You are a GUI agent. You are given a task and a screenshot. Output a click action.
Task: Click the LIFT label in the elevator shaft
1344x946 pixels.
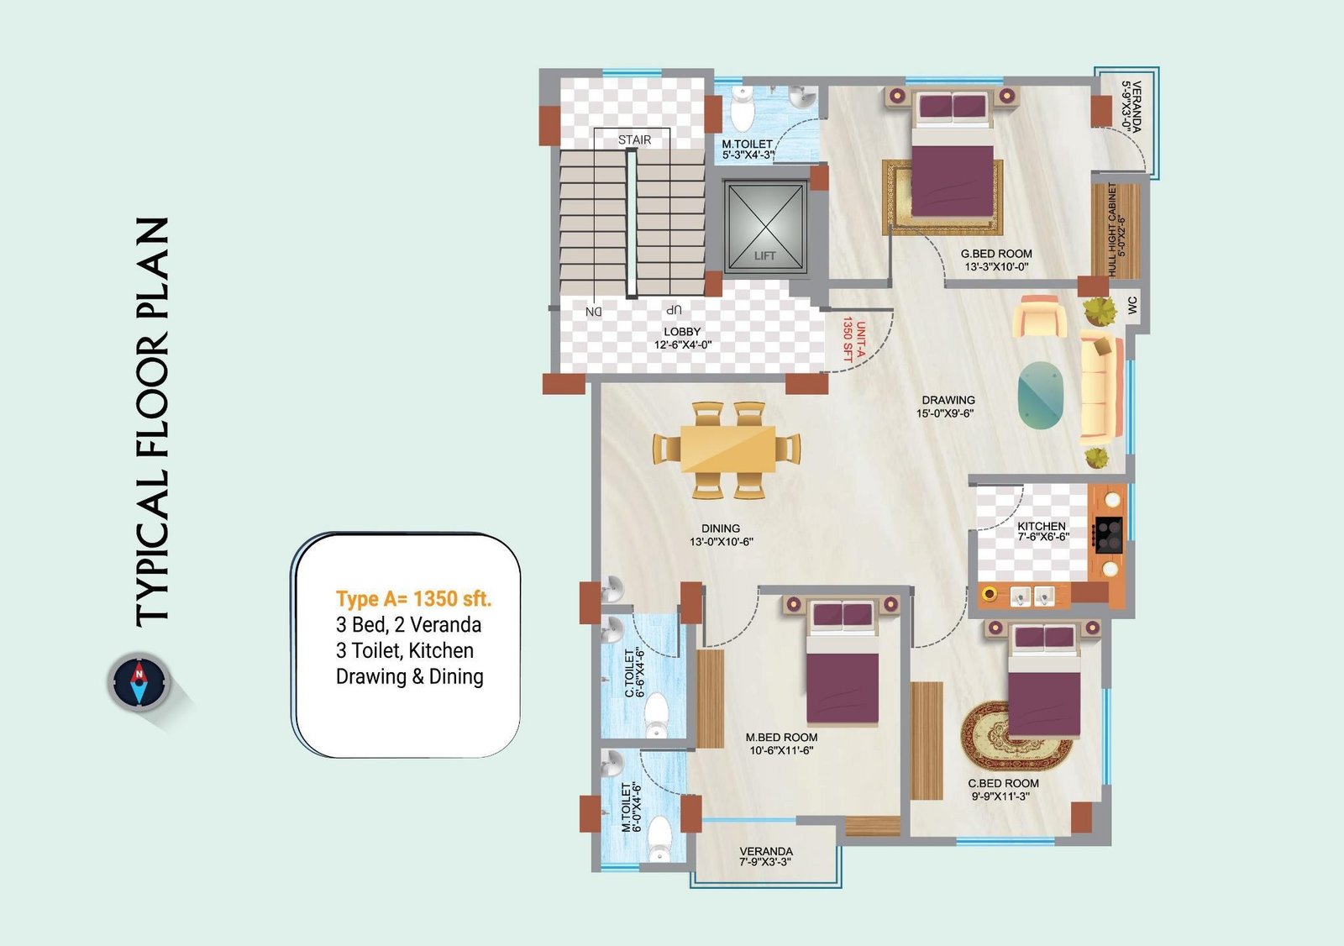click(x=764, y=255)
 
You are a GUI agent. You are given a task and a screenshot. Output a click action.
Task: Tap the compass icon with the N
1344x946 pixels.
click(x=139, y=682)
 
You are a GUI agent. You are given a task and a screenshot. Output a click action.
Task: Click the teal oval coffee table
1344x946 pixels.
click(x=1041, y=394)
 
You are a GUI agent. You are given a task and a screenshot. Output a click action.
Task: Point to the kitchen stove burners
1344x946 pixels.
click(x=1108, y=534)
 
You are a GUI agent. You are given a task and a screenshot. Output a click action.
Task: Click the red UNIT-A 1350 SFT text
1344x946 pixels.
click(x=854, y=339)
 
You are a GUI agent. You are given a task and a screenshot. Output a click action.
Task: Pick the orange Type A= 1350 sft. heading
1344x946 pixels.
click(x=413, y=599)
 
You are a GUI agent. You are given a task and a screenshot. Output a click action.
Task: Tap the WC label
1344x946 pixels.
click(x=1131, y=305)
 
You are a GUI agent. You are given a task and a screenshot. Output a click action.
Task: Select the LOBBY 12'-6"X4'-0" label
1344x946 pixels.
click(x=682, y=338)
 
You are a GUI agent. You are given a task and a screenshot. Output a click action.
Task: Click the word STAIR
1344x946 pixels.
click(x=634, y=139)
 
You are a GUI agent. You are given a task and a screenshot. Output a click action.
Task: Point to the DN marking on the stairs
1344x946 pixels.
click(x=593, y=312)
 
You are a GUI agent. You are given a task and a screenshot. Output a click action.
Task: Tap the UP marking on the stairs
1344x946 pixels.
click(x=673, y=310)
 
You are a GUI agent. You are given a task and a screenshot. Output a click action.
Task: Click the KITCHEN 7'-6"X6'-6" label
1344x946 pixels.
click(x=1042, y=531)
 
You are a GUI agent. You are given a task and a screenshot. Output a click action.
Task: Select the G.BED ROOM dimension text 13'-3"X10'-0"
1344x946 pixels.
click(x=996, y=267)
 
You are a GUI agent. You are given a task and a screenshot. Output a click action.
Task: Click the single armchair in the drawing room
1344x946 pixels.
click(x=1038, y=316)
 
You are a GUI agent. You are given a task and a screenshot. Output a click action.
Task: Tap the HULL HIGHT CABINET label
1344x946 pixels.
click(x=1116, y=230)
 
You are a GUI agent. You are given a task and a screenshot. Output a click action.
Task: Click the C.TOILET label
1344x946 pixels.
click(x=629, y=673)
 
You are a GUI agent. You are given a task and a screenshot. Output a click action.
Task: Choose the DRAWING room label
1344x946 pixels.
click(x=948, y=400)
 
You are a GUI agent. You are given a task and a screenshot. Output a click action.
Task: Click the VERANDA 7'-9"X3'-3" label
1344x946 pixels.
click(x=766, y=857)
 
